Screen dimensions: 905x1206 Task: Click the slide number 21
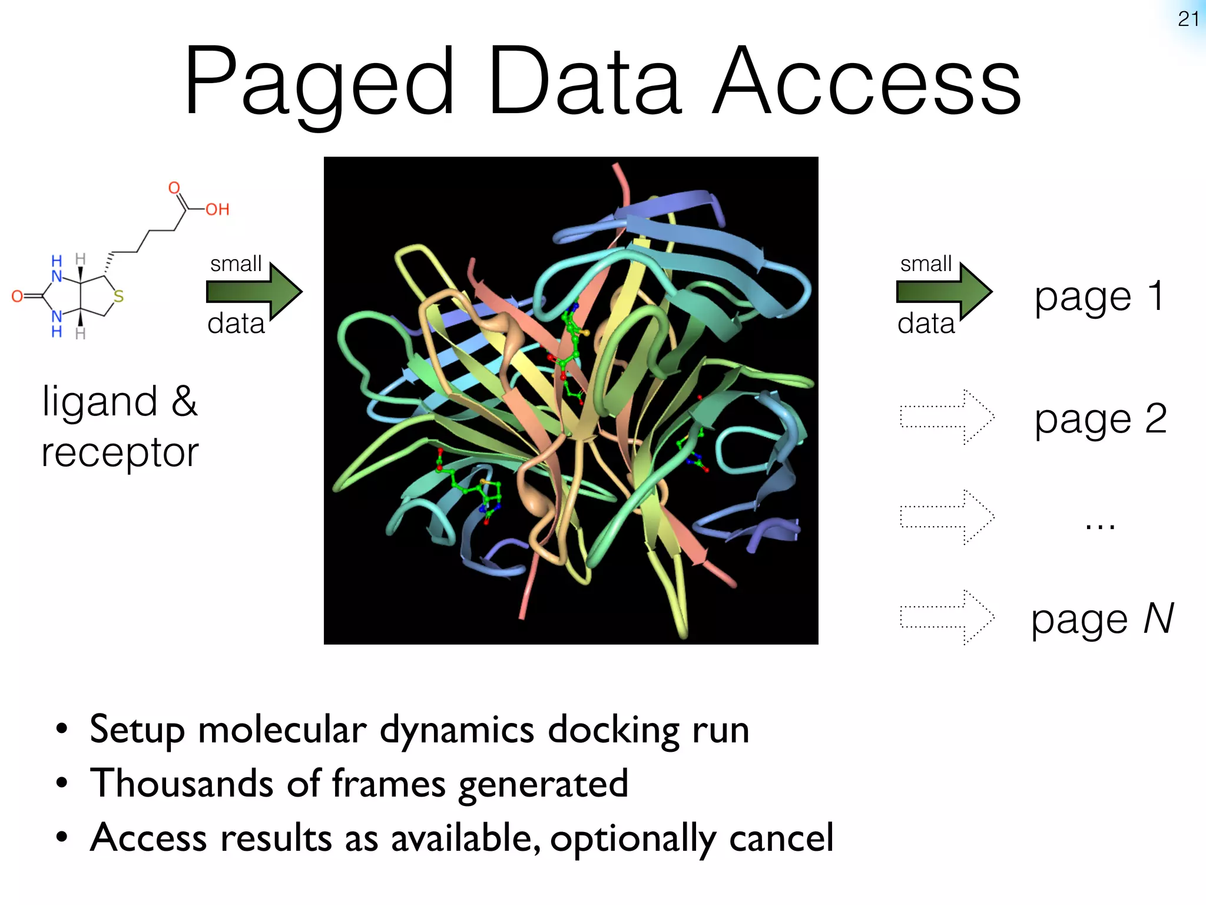click(x=1188, y=19)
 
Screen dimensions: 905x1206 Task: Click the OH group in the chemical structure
click(x=217, y=209)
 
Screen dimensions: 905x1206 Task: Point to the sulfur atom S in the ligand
click(x=118, y=296)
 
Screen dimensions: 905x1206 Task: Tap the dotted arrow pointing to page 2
click(x=947, y=417)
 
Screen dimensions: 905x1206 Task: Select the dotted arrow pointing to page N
click(x=947, y=617)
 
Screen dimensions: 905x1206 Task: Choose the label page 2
click(x=1101, y=420)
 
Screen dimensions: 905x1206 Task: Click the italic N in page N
click(x=1158, y=619)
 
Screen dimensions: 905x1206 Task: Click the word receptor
click(x=120, y=454)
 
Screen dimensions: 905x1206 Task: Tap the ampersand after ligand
click(x=184, y=401)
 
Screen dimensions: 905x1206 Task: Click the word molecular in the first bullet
click(x=282, y=730)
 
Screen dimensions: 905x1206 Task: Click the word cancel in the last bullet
click(x=781, y=838)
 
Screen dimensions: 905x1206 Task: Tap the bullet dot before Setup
click(x=62, y=729)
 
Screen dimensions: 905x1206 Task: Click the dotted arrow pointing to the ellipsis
click(x=947, y=517)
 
